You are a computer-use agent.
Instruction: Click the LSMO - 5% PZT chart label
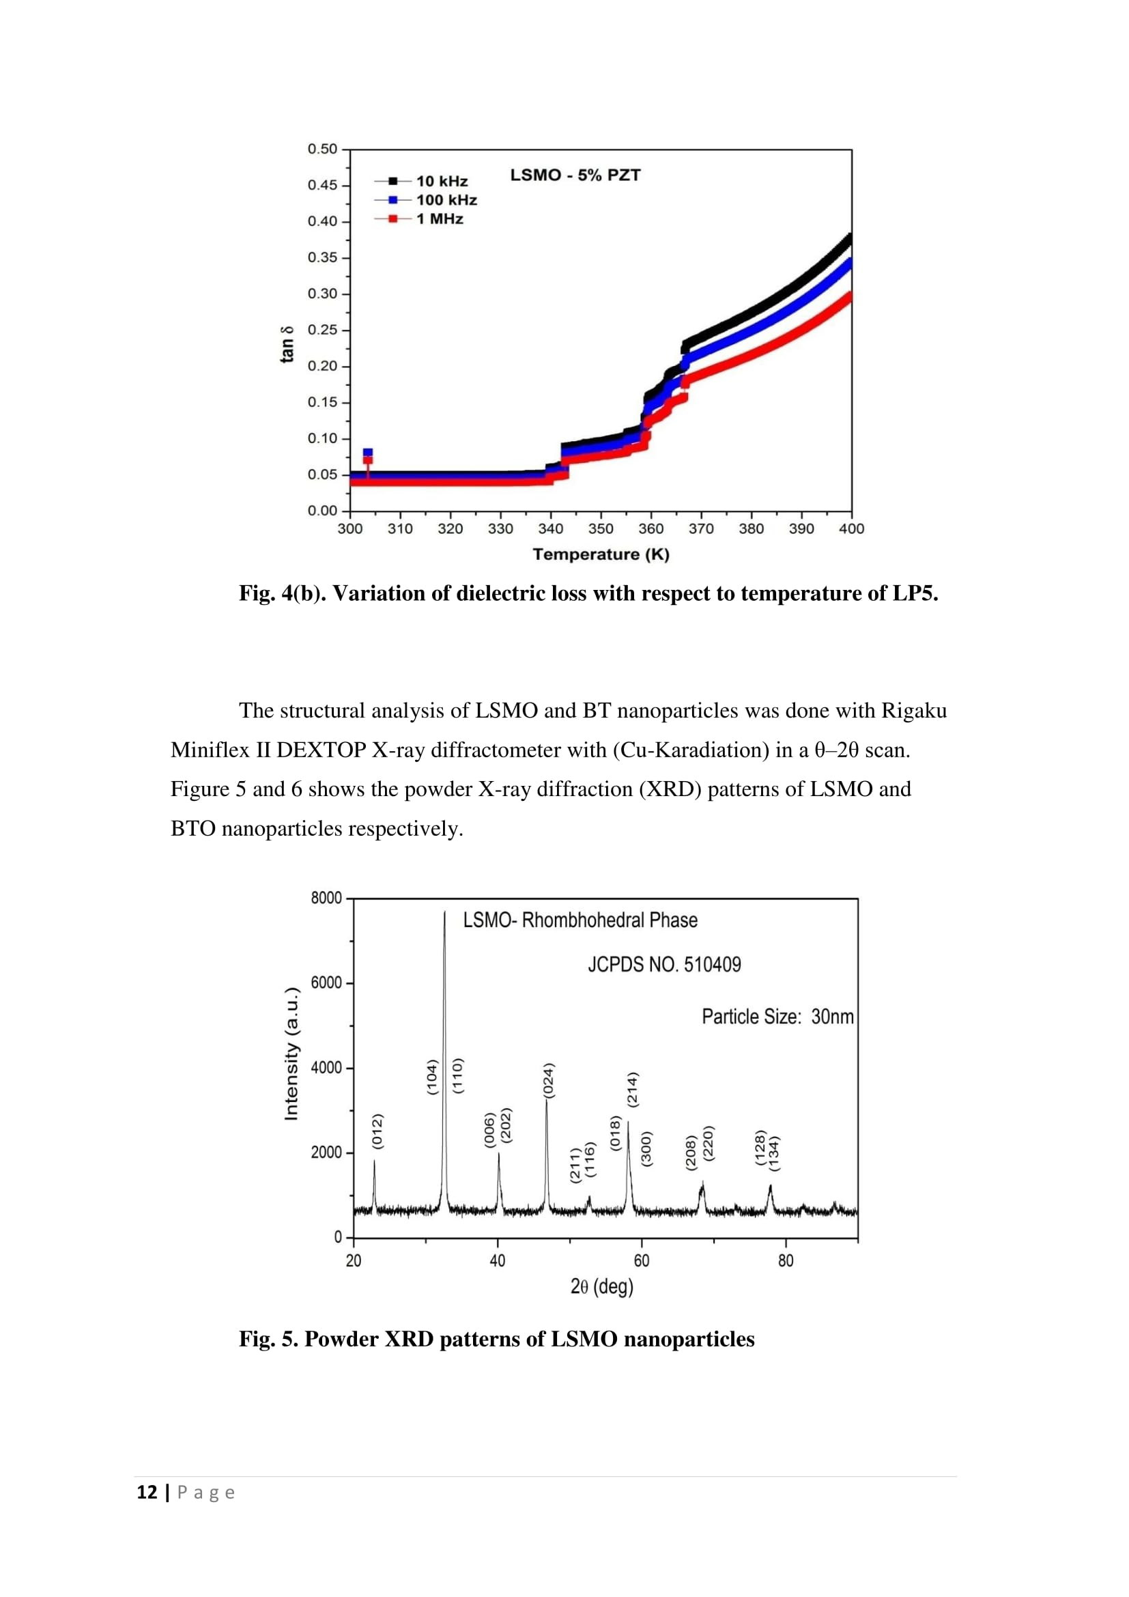click(575, 175)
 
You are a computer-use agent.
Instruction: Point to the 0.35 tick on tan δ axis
click(323, 258)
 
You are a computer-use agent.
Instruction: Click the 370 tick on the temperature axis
click(701, 528)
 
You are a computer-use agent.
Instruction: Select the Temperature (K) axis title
click(601, 554)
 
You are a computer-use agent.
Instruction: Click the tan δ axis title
click(287, 344)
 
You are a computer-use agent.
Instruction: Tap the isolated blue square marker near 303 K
click(368, 453)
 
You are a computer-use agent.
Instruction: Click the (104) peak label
click(432, 1077)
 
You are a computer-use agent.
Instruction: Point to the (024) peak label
click(549, 1081)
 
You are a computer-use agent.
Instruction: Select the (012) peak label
click(377, 1131)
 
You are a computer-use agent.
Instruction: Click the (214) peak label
click(633, 1089)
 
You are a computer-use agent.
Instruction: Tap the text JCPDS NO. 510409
click(664, 965)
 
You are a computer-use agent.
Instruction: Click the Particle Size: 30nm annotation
click(777, 1017)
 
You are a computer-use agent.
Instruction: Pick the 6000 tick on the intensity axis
click(326, 983)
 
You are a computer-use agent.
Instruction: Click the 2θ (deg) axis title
click(601, 1287)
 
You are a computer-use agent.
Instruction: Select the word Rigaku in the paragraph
click(913, 710)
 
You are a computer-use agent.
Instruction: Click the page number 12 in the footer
click(147, 1493)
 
